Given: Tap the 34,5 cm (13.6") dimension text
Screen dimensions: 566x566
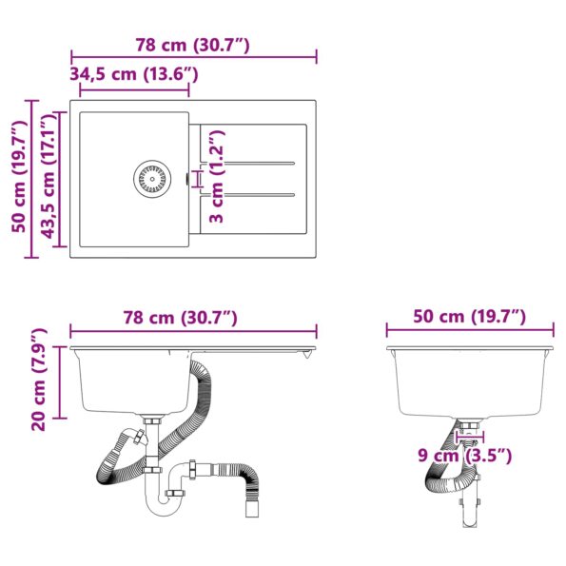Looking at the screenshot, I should point(134,74).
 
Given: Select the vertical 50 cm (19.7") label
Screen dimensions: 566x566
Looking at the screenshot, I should point(18,178).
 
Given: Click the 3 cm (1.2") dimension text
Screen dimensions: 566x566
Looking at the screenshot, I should point(217,180).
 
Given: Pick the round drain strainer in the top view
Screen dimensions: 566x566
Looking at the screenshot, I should point(151,178).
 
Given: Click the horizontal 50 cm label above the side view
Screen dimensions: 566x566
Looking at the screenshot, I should point(469,317).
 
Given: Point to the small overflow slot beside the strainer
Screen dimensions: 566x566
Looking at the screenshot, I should point(184,177).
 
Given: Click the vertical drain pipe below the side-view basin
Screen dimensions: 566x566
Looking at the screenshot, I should point(467,509).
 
